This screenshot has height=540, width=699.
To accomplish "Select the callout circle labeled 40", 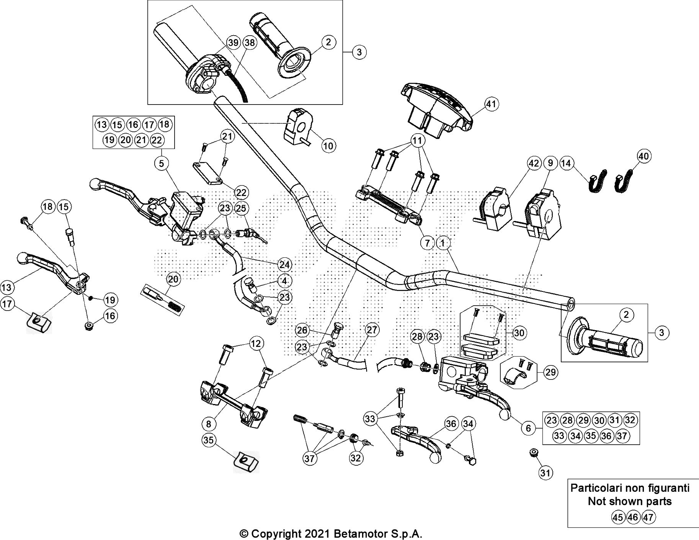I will [644, 156].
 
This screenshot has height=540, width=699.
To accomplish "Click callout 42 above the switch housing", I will [534, 164].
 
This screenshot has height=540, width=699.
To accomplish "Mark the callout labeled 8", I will [209, 424].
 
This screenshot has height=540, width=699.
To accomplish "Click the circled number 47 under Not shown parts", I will [648, 517].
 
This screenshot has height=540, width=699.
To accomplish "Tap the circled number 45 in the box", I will [617, 517].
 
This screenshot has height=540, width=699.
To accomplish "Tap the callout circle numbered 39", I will [233, 43].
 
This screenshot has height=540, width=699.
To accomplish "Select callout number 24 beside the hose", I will [284, 264].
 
